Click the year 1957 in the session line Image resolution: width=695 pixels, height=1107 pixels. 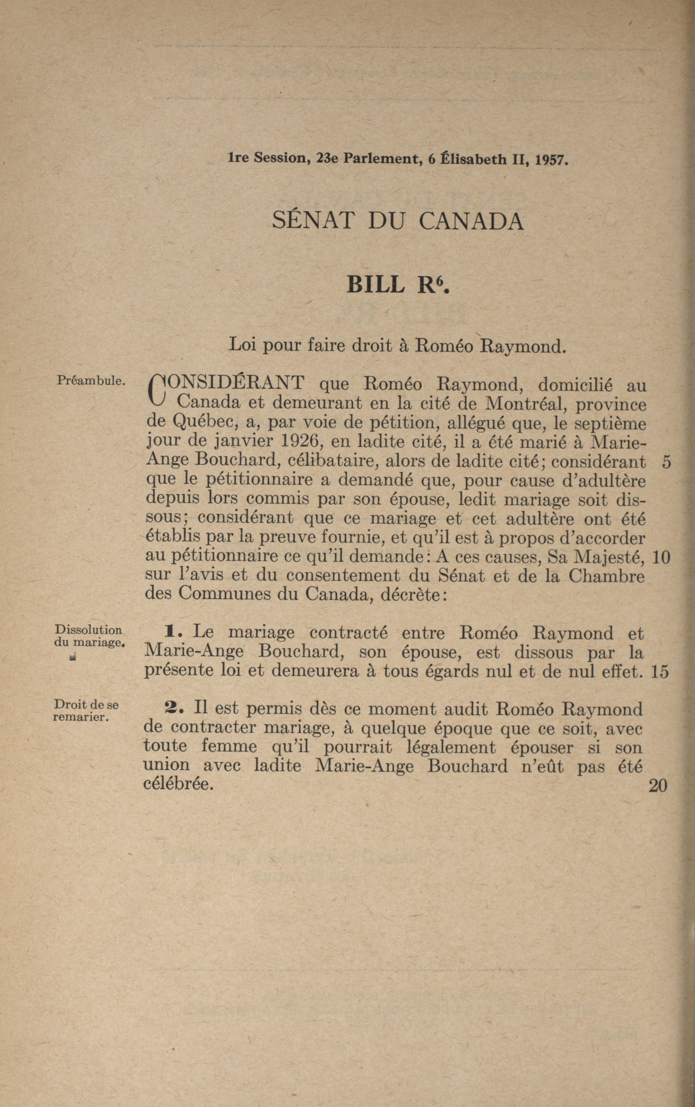[552, 160]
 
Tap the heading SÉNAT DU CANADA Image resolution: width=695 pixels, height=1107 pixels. [397, 221]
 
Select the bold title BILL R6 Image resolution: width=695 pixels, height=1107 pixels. [397, 285]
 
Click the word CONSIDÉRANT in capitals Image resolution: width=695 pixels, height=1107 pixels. [234, 382]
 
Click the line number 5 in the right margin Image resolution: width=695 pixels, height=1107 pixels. [667, 462]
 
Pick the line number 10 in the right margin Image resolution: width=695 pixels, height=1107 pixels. [661, 557]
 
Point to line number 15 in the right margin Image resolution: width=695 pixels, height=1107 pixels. [659, 673]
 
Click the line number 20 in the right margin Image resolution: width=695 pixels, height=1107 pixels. [658, 786]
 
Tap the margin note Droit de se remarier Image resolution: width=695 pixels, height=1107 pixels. [86, 711]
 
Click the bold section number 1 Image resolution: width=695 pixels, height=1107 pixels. [174, 633]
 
